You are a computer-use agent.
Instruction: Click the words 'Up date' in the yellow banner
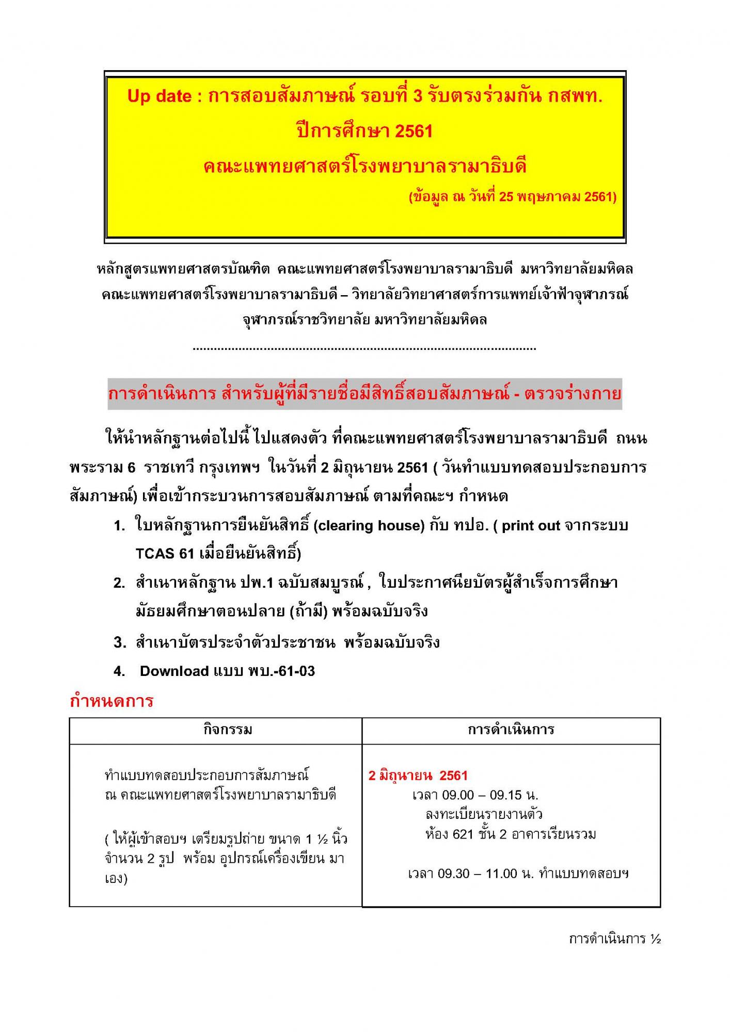pos(159,96)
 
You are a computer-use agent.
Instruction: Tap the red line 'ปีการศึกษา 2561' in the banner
pos(364,131)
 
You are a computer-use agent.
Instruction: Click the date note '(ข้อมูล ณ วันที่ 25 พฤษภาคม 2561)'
pos(513,197)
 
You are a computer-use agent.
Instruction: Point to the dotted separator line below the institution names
pos(364,349)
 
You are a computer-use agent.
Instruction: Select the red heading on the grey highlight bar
pos(364,394)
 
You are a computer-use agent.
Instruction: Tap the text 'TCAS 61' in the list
pos(165,554)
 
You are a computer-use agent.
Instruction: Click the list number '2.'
pos(120,583)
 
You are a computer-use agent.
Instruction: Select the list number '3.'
pos(120,642)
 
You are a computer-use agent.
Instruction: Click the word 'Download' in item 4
pos(174,671)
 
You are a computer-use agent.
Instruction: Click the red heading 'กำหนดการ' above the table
pos(112,701)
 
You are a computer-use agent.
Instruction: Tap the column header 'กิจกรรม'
pos(228,730)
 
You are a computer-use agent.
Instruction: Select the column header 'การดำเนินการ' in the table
pos(511,730)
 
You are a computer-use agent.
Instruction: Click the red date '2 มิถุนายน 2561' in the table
pos(418,776)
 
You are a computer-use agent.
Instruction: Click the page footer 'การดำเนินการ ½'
pos(615,939)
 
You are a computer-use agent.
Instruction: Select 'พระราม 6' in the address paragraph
pos(102,467)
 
